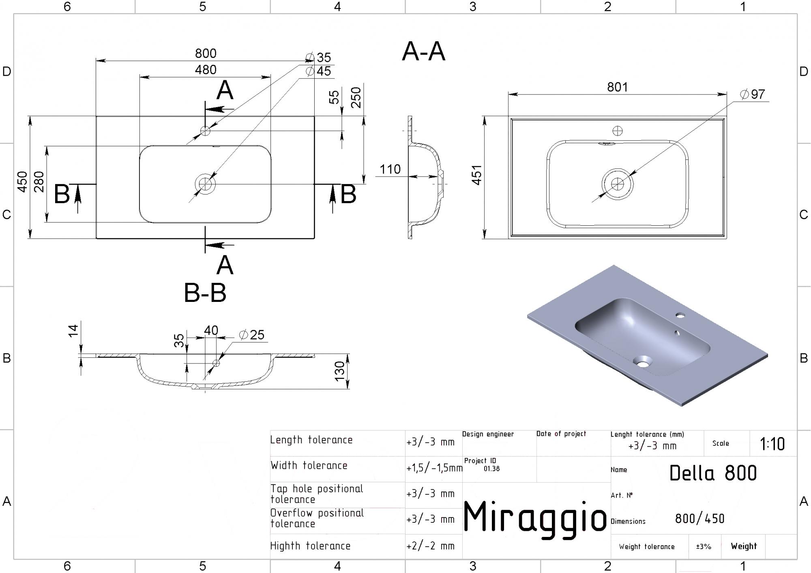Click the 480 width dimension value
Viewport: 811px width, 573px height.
[206, 70]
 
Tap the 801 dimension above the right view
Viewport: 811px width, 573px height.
[617, 87]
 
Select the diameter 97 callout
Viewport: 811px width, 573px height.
[752, 94]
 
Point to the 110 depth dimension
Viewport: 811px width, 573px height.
[390, 169]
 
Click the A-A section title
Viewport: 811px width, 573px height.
[424, 51]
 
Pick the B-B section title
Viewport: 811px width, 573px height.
[205, 293]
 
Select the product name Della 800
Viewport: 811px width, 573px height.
[713, 473]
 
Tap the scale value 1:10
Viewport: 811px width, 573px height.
[772, 444]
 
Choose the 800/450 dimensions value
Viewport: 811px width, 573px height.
[700, 519]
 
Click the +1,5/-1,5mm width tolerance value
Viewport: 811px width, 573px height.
[434, 468]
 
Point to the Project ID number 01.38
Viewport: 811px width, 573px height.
[491, 469]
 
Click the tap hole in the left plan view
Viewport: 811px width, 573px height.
[205, 131]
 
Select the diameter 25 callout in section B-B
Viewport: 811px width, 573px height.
[251, 335]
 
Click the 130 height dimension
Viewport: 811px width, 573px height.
[339, 371]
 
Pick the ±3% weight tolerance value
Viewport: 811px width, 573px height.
[704, 547]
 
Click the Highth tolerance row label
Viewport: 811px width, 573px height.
[310, 546]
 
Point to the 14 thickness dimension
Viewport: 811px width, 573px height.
[73, 331]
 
